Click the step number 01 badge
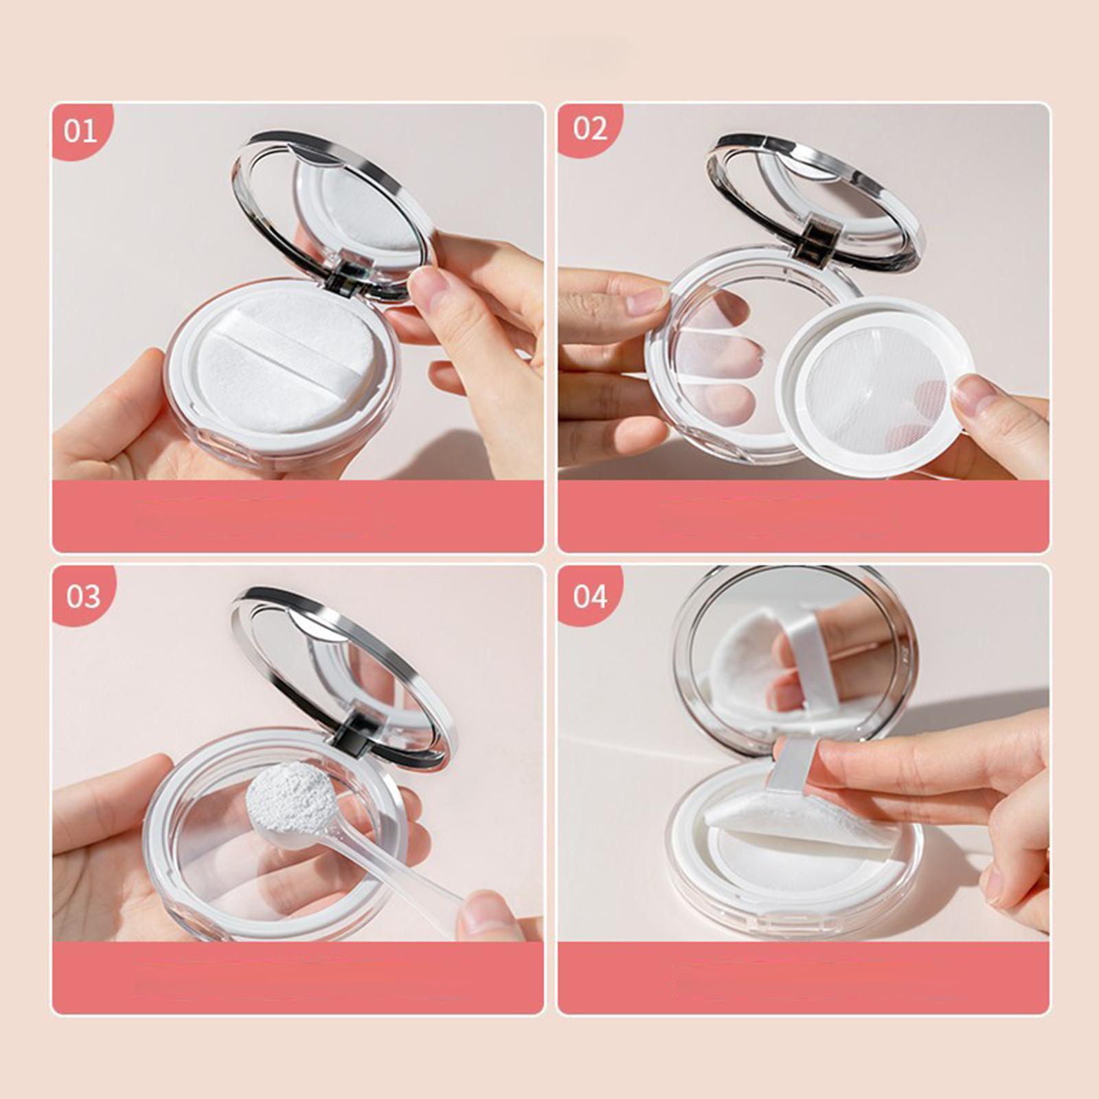click(81, 131)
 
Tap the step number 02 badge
click(590, 128)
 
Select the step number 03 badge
click(82, 596)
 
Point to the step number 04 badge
click(590, 596)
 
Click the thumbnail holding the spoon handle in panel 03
click(484, 914)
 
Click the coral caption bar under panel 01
click(297, 517)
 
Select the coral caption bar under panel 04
click(803, 977)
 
